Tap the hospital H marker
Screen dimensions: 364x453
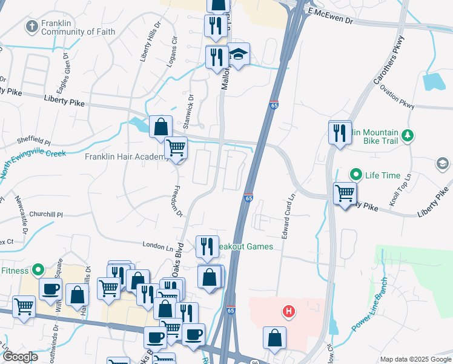289,312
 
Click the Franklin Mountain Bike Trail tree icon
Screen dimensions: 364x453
409,135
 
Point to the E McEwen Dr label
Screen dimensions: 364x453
330,16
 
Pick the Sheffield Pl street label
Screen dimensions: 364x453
33,141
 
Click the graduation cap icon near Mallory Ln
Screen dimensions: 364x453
239,56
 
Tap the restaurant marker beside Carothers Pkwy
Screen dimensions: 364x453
340,132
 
